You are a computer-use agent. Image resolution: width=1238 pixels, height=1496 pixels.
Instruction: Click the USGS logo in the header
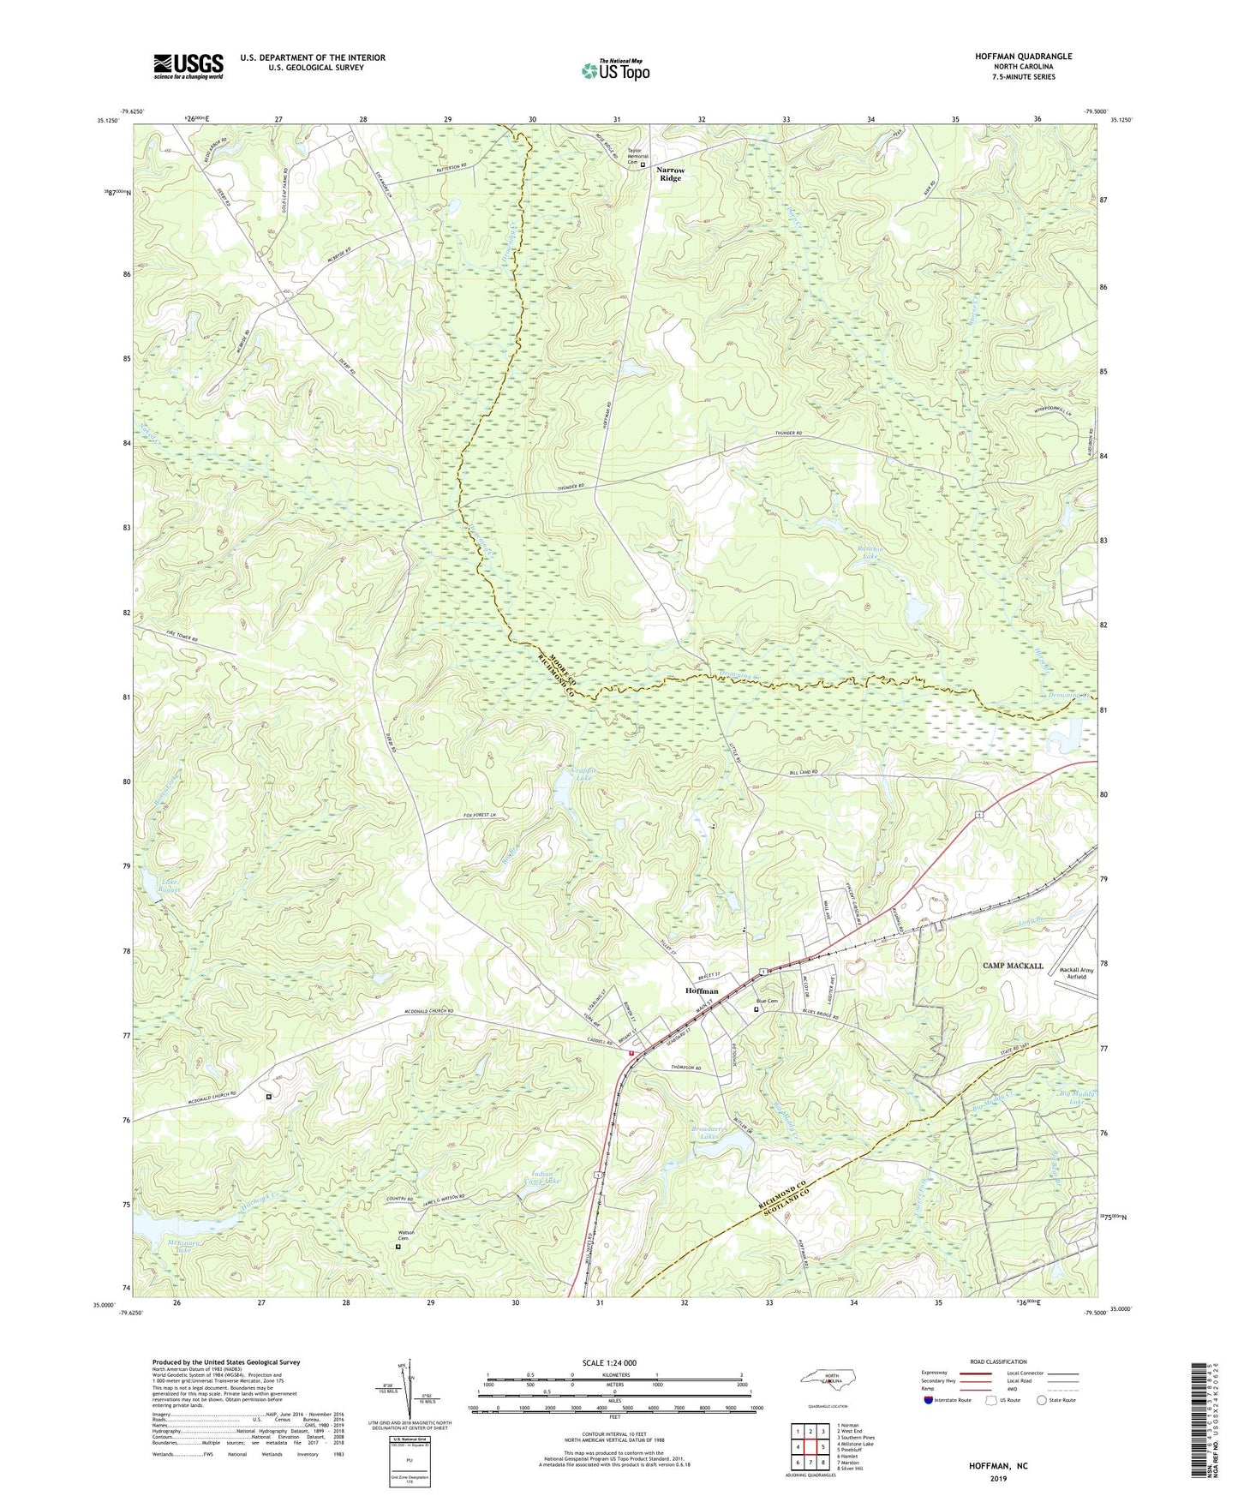tap(188, 65)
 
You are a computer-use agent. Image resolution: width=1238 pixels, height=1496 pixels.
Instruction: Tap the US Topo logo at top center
tap(615, 70)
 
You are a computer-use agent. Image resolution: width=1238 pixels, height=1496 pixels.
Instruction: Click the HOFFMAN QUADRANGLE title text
tap(1023, 57)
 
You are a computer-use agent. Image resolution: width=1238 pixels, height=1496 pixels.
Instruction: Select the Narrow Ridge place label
tap(671, 174)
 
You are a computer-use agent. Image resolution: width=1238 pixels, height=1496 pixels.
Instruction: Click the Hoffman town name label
tap(702, 990)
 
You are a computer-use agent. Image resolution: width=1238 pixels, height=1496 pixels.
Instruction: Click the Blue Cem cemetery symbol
tap(756, 1009)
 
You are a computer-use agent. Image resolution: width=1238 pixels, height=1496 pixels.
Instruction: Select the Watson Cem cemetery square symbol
tap(398, 1247)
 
